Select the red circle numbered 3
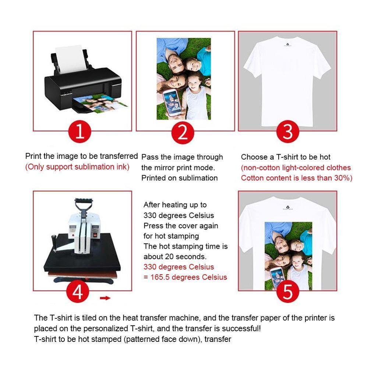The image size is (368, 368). point(287,131)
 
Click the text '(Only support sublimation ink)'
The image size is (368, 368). point(77,167)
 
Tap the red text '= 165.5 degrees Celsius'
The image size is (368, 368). point(185,277)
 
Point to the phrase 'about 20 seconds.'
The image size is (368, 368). point(175,256)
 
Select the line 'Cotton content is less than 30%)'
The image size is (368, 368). point(297,178)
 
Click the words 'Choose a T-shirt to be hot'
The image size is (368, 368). point(286,157)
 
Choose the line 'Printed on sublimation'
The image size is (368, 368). point(180,178)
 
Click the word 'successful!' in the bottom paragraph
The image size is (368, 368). point(242,328)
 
